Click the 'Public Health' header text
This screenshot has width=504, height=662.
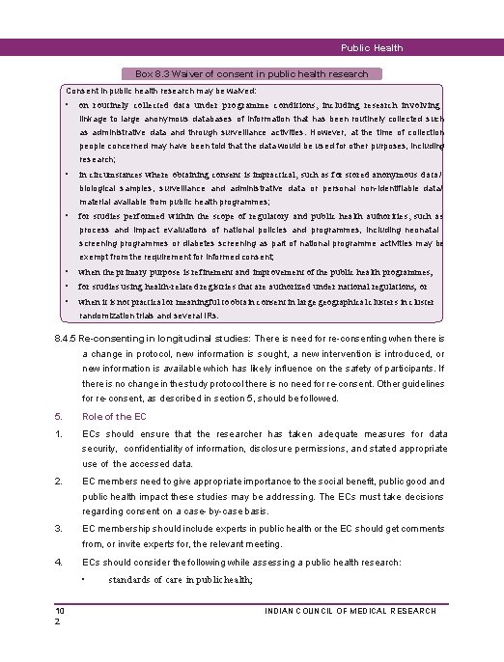pos(372,48)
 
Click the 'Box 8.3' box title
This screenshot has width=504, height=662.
pos(252,73)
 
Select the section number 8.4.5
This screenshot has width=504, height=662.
pos(70,340)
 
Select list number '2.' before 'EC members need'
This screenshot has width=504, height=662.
pos(59,481)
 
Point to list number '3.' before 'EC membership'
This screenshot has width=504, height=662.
pos(59,527)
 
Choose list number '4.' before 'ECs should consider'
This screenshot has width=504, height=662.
pos(59,561)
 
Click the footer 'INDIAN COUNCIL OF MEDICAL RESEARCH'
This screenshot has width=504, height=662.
pos(350,611)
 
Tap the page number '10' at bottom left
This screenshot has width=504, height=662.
pos(60,611)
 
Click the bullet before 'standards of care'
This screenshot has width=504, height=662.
pos(85,579)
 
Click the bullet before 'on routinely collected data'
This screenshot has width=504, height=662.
pos(68,103)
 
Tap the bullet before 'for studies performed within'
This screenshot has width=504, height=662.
pos(68,216)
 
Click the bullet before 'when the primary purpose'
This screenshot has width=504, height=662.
pos(68,272)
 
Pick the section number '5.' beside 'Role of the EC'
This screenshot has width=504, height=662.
pos(59,417)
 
